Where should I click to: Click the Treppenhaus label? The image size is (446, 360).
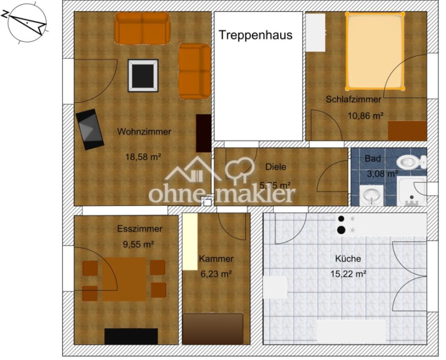click(255, 35)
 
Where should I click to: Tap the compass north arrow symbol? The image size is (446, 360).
click(27, 22)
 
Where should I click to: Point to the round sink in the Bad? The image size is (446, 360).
click(371, 195)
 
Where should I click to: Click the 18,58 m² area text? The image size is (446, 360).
click(143, 157)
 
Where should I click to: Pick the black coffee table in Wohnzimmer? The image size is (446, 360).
click(143, 75)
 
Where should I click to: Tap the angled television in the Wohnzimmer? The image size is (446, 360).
click(90, 129)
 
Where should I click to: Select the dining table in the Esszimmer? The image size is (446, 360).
click(124, 279)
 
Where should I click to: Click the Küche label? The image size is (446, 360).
click(348, 259)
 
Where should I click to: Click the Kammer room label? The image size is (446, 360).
click(216, 259)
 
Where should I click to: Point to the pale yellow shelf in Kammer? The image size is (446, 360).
click(190, 241)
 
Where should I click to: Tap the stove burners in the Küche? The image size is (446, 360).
click(342, 225)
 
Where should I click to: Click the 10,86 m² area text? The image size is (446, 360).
click(365, 116)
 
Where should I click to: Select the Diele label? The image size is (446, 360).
click(275, 167)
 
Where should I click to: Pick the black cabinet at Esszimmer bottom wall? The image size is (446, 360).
click(131, 336)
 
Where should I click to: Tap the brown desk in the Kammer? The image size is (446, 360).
click(213, 328)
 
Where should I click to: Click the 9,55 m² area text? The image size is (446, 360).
click(139, 244)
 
